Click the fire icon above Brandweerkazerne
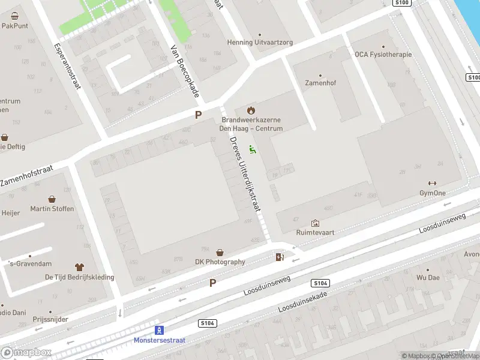tap(251, 110)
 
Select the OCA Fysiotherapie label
tap(383, 55)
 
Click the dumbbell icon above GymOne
tap(432, 184)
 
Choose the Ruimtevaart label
tap(315, 232)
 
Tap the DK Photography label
tap(220, 262)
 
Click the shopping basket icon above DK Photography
tap(220, 253)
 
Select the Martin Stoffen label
tap(52, 209)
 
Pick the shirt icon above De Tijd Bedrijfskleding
tap(79, 267)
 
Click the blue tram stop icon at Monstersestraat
tap(159, 330)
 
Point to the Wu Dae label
tap(428, 278)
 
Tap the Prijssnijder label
tap(50, 320)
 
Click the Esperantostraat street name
tap(67, 65)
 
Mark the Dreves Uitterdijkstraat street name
tap(245, 174)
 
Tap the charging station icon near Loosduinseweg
tap(280, 257)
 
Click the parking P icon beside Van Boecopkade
tap(198, 115)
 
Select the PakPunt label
tap(15, 26)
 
